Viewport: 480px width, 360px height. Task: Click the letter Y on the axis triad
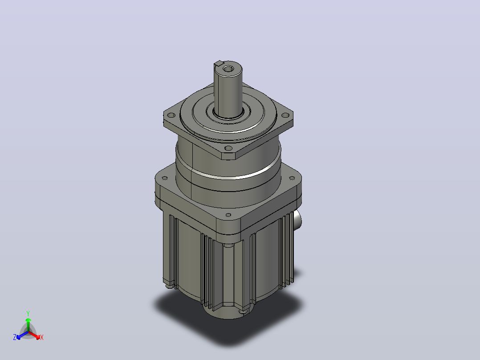(x=28, y=313)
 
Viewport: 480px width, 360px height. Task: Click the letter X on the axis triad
(x=42, y=337)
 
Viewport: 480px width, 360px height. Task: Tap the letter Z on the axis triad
(x=15, y=337)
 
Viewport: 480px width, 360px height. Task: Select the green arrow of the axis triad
(x=28, y=325)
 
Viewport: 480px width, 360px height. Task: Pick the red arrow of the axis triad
(x=35, y=335)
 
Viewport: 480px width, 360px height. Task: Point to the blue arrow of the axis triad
(x=22, y=335)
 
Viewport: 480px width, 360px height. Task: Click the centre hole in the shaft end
(x=228, y=69)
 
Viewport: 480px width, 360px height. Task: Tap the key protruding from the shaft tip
(x=219, y=63)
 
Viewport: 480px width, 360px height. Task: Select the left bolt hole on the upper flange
(x=171, y=115)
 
